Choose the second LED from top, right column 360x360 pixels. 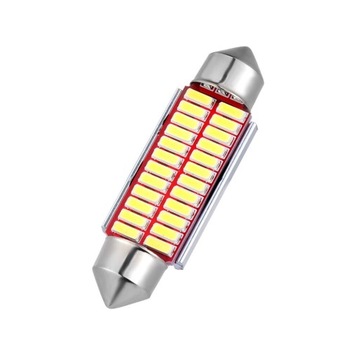coord(224,124)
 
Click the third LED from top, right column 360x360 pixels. coord(219,134)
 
